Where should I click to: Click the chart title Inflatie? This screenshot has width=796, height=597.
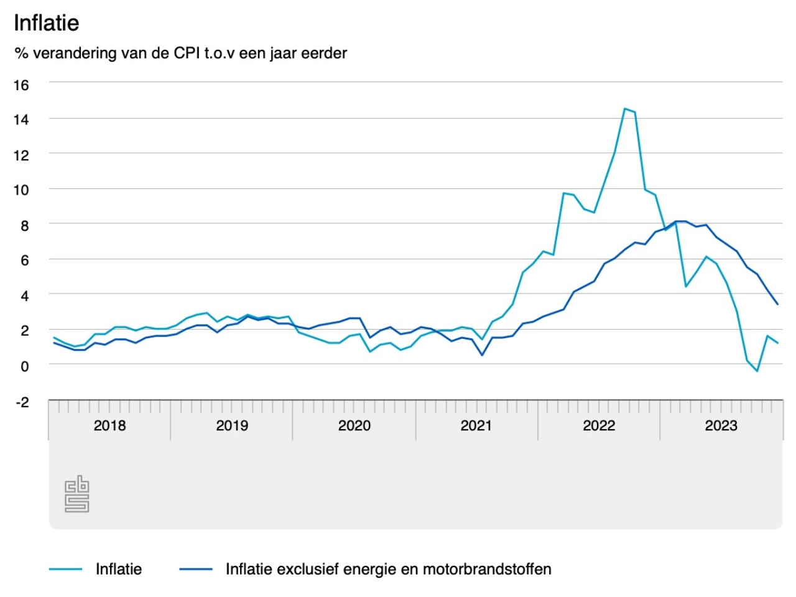point(47,23)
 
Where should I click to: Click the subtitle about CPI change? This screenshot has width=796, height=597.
point(180,53)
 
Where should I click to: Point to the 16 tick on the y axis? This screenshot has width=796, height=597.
point(21,85)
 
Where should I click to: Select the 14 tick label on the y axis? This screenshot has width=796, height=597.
point(21,120)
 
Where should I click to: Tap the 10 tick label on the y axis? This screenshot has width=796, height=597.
point(21,190)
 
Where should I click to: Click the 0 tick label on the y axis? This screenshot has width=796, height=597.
point(25,366)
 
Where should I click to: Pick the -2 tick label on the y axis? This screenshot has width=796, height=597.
point(22,402)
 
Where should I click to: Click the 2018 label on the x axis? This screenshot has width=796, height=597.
point(109,425)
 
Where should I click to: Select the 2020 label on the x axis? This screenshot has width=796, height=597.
point(354,425)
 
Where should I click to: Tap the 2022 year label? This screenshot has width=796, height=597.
point(598,425)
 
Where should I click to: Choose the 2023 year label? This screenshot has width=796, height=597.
point(721,425)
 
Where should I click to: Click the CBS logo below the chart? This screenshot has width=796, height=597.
point(77,494)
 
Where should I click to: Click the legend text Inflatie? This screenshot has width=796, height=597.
point(118,569)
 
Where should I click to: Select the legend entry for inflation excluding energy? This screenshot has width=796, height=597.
point(388,569)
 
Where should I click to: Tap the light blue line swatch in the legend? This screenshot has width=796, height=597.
point(66,569)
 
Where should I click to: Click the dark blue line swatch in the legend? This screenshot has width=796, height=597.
point(196,569)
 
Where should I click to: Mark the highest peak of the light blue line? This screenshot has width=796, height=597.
point(625,109)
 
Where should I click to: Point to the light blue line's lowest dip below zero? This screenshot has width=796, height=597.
point(757,371)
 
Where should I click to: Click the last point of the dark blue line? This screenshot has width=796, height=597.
point(777,304)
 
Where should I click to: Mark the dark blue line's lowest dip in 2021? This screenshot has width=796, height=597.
point(482,355)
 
